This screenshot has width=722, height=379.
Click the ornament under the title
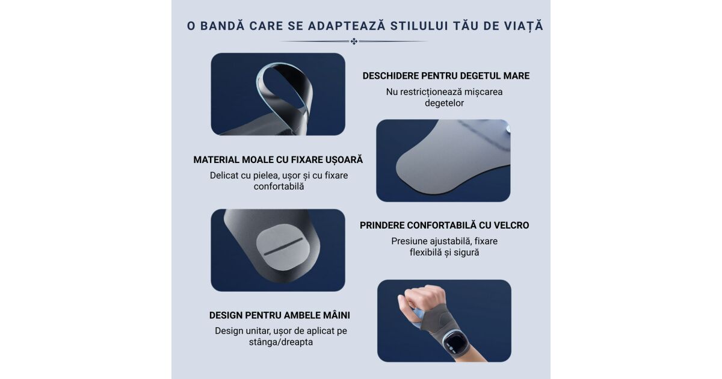pos(354,42)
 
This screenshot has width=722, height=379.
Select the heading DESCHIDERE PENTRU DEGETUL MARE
pos(446,76)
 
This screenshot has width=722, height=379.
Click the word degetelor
pos(444,103)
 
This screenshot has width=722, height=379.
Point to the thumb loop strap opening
pos(283,91)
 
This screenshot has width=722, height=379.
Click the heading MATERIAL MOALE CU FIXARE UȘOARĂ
pos(278,159)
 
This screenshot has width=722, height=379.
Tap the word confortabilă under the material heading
pos(279,186)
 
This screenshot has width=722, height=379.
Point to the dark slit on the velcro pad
pos(283,247)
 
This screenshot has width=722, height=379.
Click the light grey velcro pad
pos(283,247)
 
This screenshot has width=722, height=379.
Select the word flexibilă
pos(425,252)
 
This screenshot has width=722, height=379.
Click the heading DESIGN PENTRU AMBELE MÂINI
pos(279,315)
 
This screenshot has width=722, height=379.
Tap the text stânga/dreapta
pos(281,342)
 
